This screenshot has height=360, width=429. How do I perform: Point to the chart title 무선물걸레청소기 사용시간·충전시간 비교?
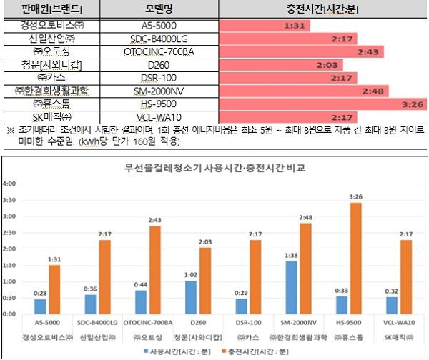pos(219,169)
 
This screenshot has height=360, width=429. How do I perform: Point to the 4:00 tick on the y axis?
pos(10,184)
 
